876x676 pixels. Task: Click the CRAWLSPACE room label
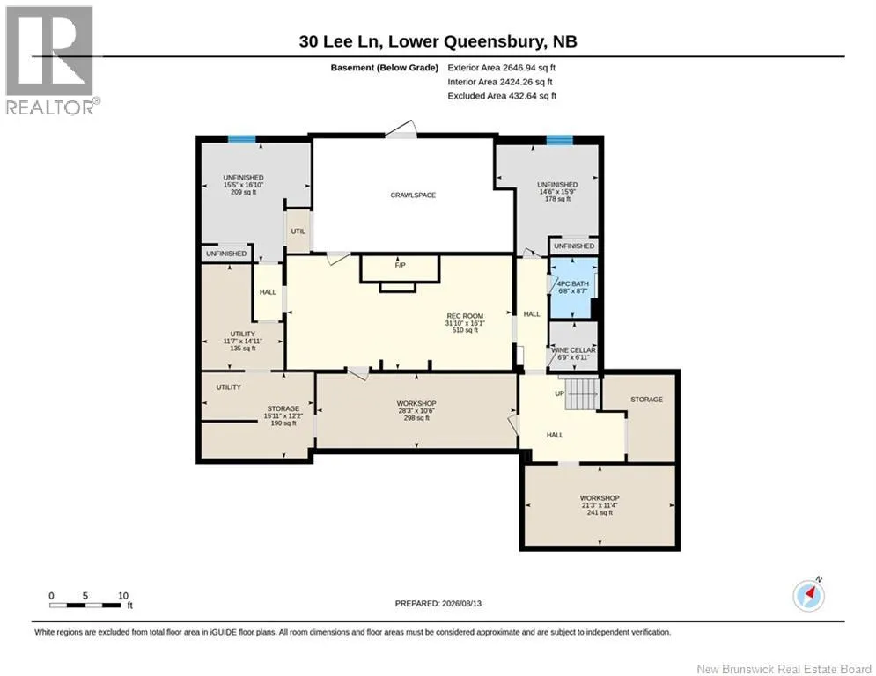[x=413, y=195]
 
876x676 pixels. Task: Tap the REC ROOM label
[x=465, y=316]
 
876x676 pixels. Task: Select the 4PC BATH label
[x=573, y=283]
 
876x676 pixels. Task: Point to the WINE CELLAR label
[x=574, y=350]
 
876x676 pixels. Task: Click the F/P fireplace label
[x=400, y=265]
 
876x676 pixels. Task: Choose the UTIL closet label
[x=298, y=231]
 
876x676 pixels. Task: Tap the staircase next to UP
[x=582, y=393]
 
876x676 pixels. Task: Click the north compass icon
[x=808, y=596]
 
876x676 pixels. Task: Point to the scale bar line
[x=85, y=605]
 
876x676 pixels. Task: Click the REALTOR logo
[x=50, y=61]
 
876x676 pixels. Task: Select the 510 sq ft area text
[x=465, y=330]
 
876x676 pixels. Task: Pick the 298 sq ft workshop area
[x=416, y=418]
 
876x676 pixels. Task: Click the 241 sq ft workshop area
[x=600, y=512]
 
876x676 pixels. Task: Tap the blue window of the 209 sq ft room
[x=242, y=139]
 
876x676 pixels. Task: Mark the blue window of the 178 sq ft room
[x=559, y=140]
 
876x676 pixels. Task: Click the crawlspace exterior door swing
[x=401, y=129]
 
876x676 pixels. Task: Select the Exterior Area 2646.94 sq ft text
[x=501, y=68]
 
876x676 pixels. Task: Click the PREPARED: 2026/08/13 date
[x=438, y=603]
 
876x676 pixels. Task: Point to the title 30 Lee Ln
[x=340, y=41]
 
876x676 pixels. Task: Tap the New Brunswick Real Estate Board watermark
[x=784, y=669]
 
